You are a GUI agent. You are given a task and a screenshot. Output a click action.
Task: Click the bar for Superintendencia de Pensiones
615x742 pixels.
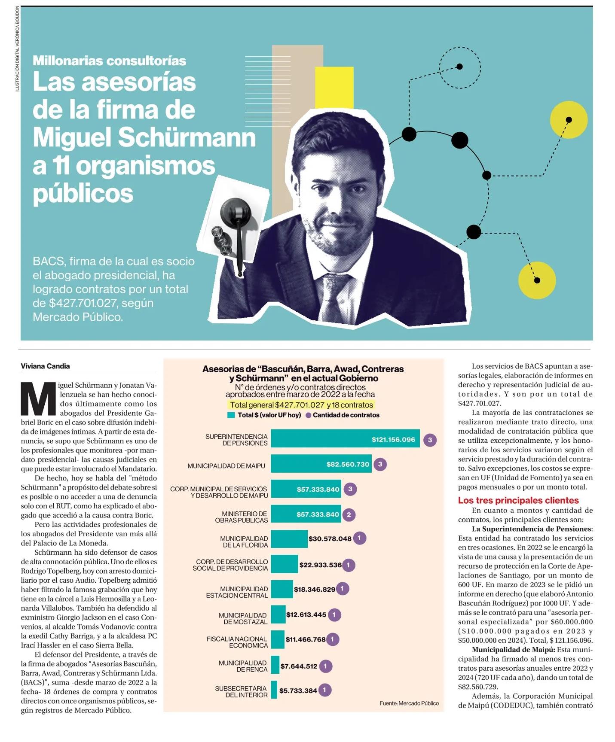tap(345, 439)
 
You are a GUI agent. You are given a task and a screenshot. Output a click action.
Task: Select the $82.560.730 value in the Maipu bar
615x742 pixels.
tap(348, 464)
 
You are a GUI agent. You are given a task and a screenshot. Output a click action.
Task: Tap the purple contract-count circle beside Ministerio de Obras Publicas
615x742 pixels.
tap(349, 514)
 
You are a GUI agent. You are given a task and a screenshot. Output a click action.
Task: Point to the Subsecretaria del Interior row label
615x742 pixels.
tap(241, 691)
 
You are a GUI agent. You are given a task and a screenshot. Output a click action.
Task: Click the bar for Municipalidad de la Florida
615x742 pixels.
tap(289, 538)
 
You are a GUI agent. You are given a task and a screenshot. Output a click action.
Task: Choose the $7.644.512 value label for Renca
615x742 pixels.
tap(299, 666)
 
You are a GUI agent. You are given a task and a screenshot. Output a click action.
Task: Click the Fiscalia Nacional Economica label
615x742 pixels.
tap(237, 642)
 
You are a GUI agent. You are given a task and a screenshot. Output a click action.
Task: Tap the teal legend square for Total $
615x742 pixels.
tap(231, 415)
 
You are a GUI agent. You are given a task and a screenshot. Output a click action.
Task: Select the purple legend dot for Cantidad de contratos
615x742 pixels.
tap(308, 415)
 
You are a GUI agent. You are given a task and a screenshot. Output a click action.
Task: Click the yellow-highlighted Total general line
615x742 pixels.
tap(302, 404)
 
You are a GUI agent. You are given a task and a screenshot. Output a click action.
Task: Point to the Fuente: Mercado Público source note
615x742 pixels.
tap(409, 703)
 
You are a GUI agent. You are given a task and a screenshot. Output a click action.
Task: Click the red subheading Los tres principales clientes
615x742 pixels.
tap(518, 500)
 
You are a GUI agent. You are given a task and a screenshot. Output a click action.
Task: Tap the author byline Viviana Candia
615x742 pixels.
tap(45, 366)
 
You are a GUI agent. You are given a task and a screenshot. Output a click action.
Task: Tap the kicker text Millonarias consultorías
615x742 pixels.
tap(109, 61)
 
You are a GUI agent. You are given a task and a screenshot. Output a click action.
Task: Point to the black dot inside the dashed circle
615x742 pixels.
tap(459, 67)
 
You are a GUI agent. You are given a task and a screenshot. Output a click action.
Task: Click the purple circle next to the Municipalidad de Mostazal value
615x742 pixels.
tap(334, 614)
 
